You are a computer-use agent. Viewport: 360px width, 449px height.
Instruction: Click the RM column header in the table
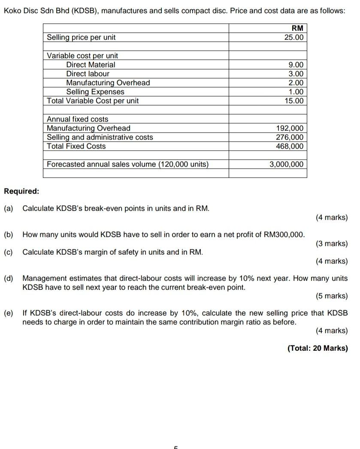click(x=297, y=28)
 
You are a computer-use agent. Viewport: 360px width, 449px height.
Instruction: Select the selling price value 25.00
click(x=294, y=37)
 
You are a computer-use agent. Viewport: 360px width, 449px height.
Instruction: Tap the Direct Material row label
click(x=91, y=65)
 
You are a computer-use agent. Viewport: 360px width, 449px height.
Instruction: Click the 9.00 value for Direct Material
click(x=296, y=65)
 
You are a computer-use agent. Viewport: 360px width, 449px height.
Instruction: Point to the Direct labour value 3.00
click(x=296, y=74)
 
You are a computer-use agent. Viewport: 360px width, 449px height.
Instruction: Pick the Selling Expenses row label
click(x=95, y=92)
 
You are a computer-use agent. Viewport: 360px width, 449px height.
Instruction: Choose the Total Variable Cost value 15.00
click(x=294, y=101)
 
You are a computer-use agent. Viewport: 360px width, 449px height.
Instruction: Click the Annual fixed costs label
click(x=77, y=119)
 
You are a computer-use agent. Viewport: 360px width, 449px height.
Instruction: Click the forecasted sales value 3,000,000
click(x=286, y=164)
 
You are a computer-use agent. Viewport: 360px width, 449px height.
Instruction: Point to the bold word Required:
click(x=21, y=191)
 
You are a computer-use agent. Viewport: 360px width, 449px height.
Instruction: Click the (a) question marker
click(x=9, y=208)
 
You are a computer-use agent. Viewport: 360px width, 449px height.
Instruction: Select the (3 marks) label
click(x=331, y=244)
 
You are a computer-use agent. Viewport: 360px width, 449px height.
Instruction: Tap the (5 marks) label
click(x=331, y=296)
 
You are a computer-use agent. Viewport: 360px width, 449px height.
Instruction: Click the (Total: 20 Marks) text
click(x=318, y=348)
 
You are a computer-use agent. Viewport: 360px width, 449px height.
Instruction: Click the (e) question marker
click(x=9, y=313)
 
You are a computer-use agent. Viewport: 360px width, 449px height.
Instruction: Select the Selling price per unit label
click(x=81, y=37)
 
